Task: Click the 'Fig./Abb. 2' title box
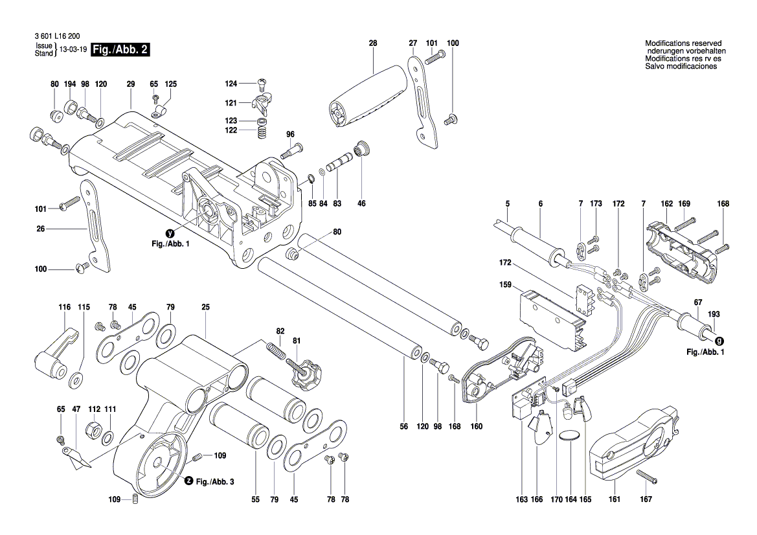120,50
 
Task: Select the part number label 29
131,84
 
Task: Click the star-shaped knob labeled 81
302,372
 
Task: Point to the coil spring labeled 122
262,132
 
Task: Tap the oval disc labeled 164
570,437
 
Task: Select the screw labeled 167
647,478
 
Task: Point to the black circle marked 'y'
170,233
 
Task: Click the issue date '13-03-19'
73,50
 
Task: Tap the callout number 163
521,499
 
